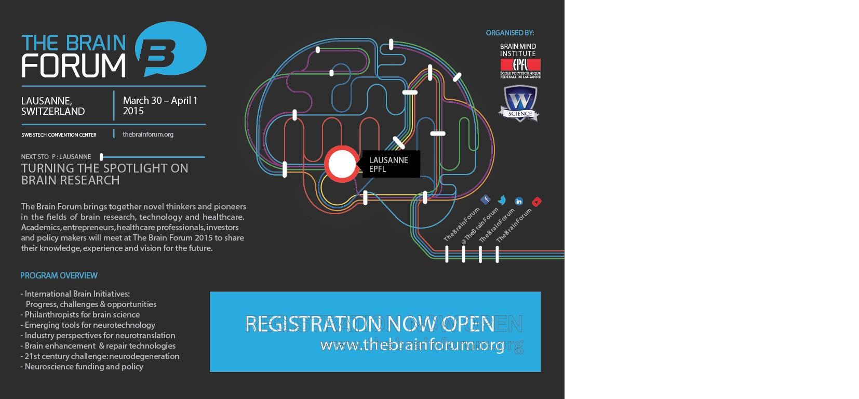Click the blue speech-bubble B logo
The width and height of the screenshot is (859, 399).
point(170,49)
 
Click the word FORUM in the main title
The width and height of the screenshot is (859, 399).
point(73,65)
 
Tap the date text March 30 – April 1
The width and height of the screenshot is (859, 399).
point(160,100)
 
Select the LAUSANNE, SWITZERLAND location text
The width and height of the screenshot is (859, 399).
point(52,106)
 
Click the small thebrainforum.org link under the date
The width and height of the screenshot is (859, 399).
point(148,135)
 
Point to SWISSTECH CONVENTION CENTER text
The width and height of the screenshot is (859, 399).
point(59,135)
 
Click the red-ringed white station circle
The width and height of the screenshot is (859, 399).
point(342,164)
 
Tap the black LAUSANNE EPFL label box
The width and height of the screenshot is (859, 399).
point(391,164)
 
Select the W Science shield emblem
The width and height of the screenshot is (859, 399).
point(519,103)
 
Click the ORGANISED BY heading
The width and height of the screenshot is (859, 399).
point(509,33)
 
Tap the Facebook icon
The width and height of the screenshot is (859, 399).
point(486,199)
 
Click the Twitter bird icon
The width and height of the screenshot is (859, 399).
point(502,200)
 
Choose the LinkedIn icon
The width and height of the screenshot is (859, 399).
point(519,201)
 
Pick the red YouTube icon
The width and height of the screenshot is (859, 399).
point(536,202)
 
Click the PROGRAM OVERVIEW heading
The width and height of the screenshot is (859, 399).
point(59,275)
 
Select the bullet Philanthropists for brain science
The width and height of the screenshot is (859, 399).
point(82,315)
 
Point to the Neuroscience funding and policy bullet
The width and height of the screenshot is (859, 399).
point(84,367)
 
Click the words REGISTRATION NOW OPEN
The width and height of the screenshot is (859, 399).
point(369,324)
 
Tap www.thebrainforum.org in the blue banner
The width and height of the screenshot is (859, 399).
point(412,344)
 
